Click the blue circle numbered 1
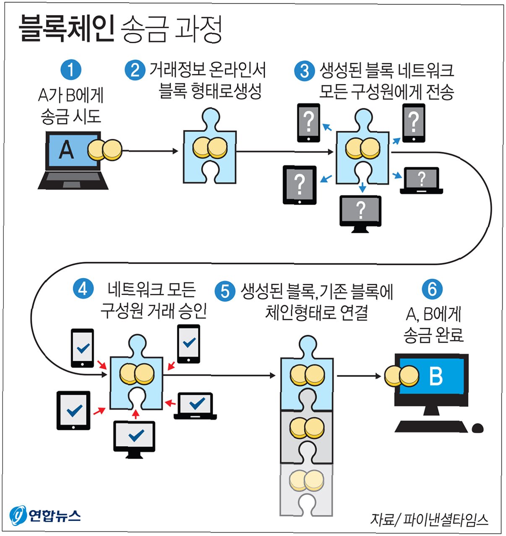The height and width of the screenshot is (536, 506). (x=70, y=70)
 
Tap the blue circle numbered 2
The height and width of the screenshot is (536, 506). (x=135, y=70)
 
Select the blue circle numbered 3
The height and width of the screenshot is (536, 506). (x=305, y=70)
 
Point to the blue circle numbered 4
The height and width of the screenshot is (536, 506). (x=83, y=289)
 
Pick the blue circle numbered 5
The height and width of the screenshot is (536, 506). (x=225, y=291)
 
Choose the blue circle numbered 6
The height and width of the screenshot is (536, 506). (x=432, y=289)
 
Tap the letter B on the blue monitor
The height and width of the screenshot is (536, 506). (x=436, y=376)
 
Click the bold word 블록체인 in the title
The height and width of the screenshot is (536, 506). (x=66, y=29)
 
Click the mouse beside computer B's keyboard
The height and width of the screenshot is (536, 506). (x=477, y=428)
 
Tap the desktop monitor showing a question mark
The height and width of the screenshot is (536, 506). (x=360, y=212)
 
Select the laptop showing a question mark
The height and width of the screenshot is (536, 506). (x=421, y=181)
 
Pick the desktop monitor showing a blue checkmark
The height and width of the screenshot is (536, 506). (x=135, y=437)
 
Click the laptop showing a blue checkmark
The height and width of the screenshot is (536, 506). (x=196, y=406)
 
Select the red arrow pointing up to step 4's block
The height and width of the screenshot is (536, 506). (x=135, y=414)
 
